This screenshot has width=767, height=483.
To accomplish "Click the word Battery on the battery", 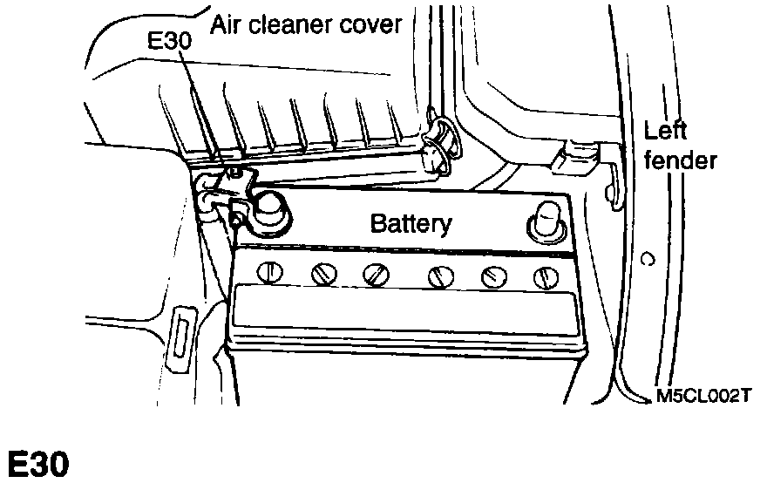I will coord(411,223).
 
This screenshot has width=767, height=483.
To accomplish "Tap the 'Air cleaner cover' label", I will coord(306,24).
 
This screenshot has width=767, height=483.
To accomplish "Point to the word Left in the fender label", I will coord(666,132).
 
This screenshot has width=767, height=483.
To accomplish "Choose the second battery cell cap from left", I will coord(323,274).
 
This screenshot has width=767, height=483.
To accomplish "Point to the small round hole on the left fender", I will coord(646,259).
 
